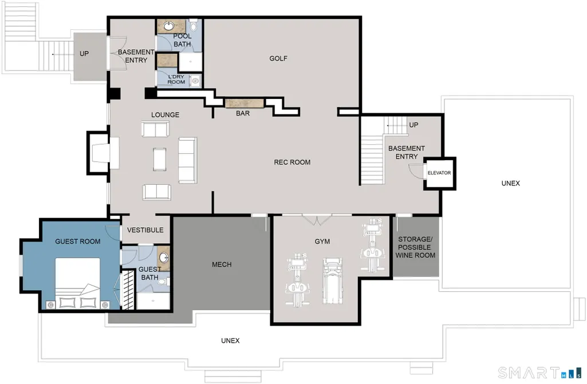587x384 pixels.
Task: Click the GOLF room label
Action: pyautogui.click(x=278, y=58)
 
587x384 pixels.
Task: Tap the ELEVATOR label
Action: pyautogui.click(x=439, y=173)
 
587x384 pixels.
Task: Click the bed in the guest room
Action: pyautogui.click(x=78, y=283)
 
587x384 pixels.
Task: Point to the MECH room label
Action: pyautogui.click(x=222, y=264)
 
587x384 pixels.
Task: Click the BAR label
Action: pyautogui.click(x=243, y=113)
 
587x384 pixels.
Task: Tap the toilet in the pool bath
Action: pyautogui.click(x=193, y=25)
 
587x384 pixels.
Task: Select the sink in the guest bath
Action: pyautogui.click(x=164, y=258)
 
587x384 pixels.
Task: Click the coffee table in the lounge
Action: pyautogui.click(x=159, y=160)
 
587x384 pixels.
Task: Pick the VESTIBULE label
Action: pyautogui.click(x=145, y=230)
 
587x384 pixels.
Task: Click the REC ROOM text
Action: pyautogui.click(x=292, y=163)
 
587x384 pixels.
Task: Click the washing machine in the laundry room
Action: pyautogui.click(x=195, y=81)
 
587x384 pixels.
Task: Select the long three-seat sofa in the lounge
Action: pyautogui.click(x=187, y=160)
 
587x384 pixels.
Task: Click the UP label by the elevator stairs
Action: pyautogui.click(x=413, y=125)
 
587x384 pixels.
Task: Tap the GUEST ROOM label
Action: pyautogui.click(x=78, y=242)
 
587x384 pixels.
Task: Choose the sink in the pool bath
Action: pyautogui.click(x=169, y=26)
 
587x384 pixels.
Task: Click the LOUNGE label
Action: pyautogui.click(x=165, y=115)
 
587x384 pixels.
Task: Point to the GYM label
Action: pyautogui.click(x=322, y=242)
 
